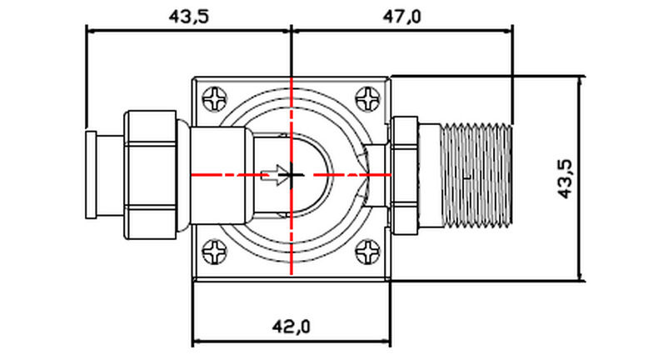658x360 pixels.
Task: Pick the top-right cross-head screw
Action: point(368,99)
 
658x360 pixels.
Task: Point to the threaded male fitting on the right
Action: point(475,175)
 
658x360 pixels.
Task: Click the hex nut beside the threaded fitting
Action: point(404,175)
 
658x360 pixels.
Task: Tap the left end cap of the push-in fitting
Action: point(94,175)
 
